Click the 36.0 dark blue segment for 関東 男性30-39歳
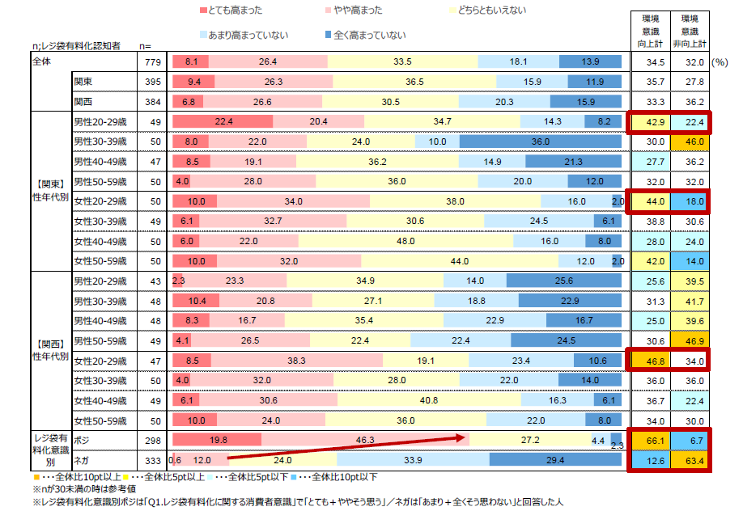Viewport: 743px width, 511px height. [x=541, y=141]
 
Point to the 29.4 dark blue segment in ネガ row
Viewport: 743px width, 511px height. [x=555, y=461]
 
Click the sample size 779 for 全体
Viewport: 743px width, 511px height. [x=147, y=61]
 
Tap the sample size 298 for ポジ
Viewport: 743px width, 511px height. [x=147, y=441]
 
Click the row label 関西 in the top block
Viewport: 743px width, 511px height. [x=83, y=101]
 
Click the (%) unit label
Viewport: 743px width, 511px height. [x=720, y=61]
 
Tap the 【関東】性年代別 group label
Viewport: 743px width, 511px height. [x=49, y=191]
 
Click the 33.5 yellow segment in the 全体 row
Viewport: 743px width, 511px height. [x=402, y=61]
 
